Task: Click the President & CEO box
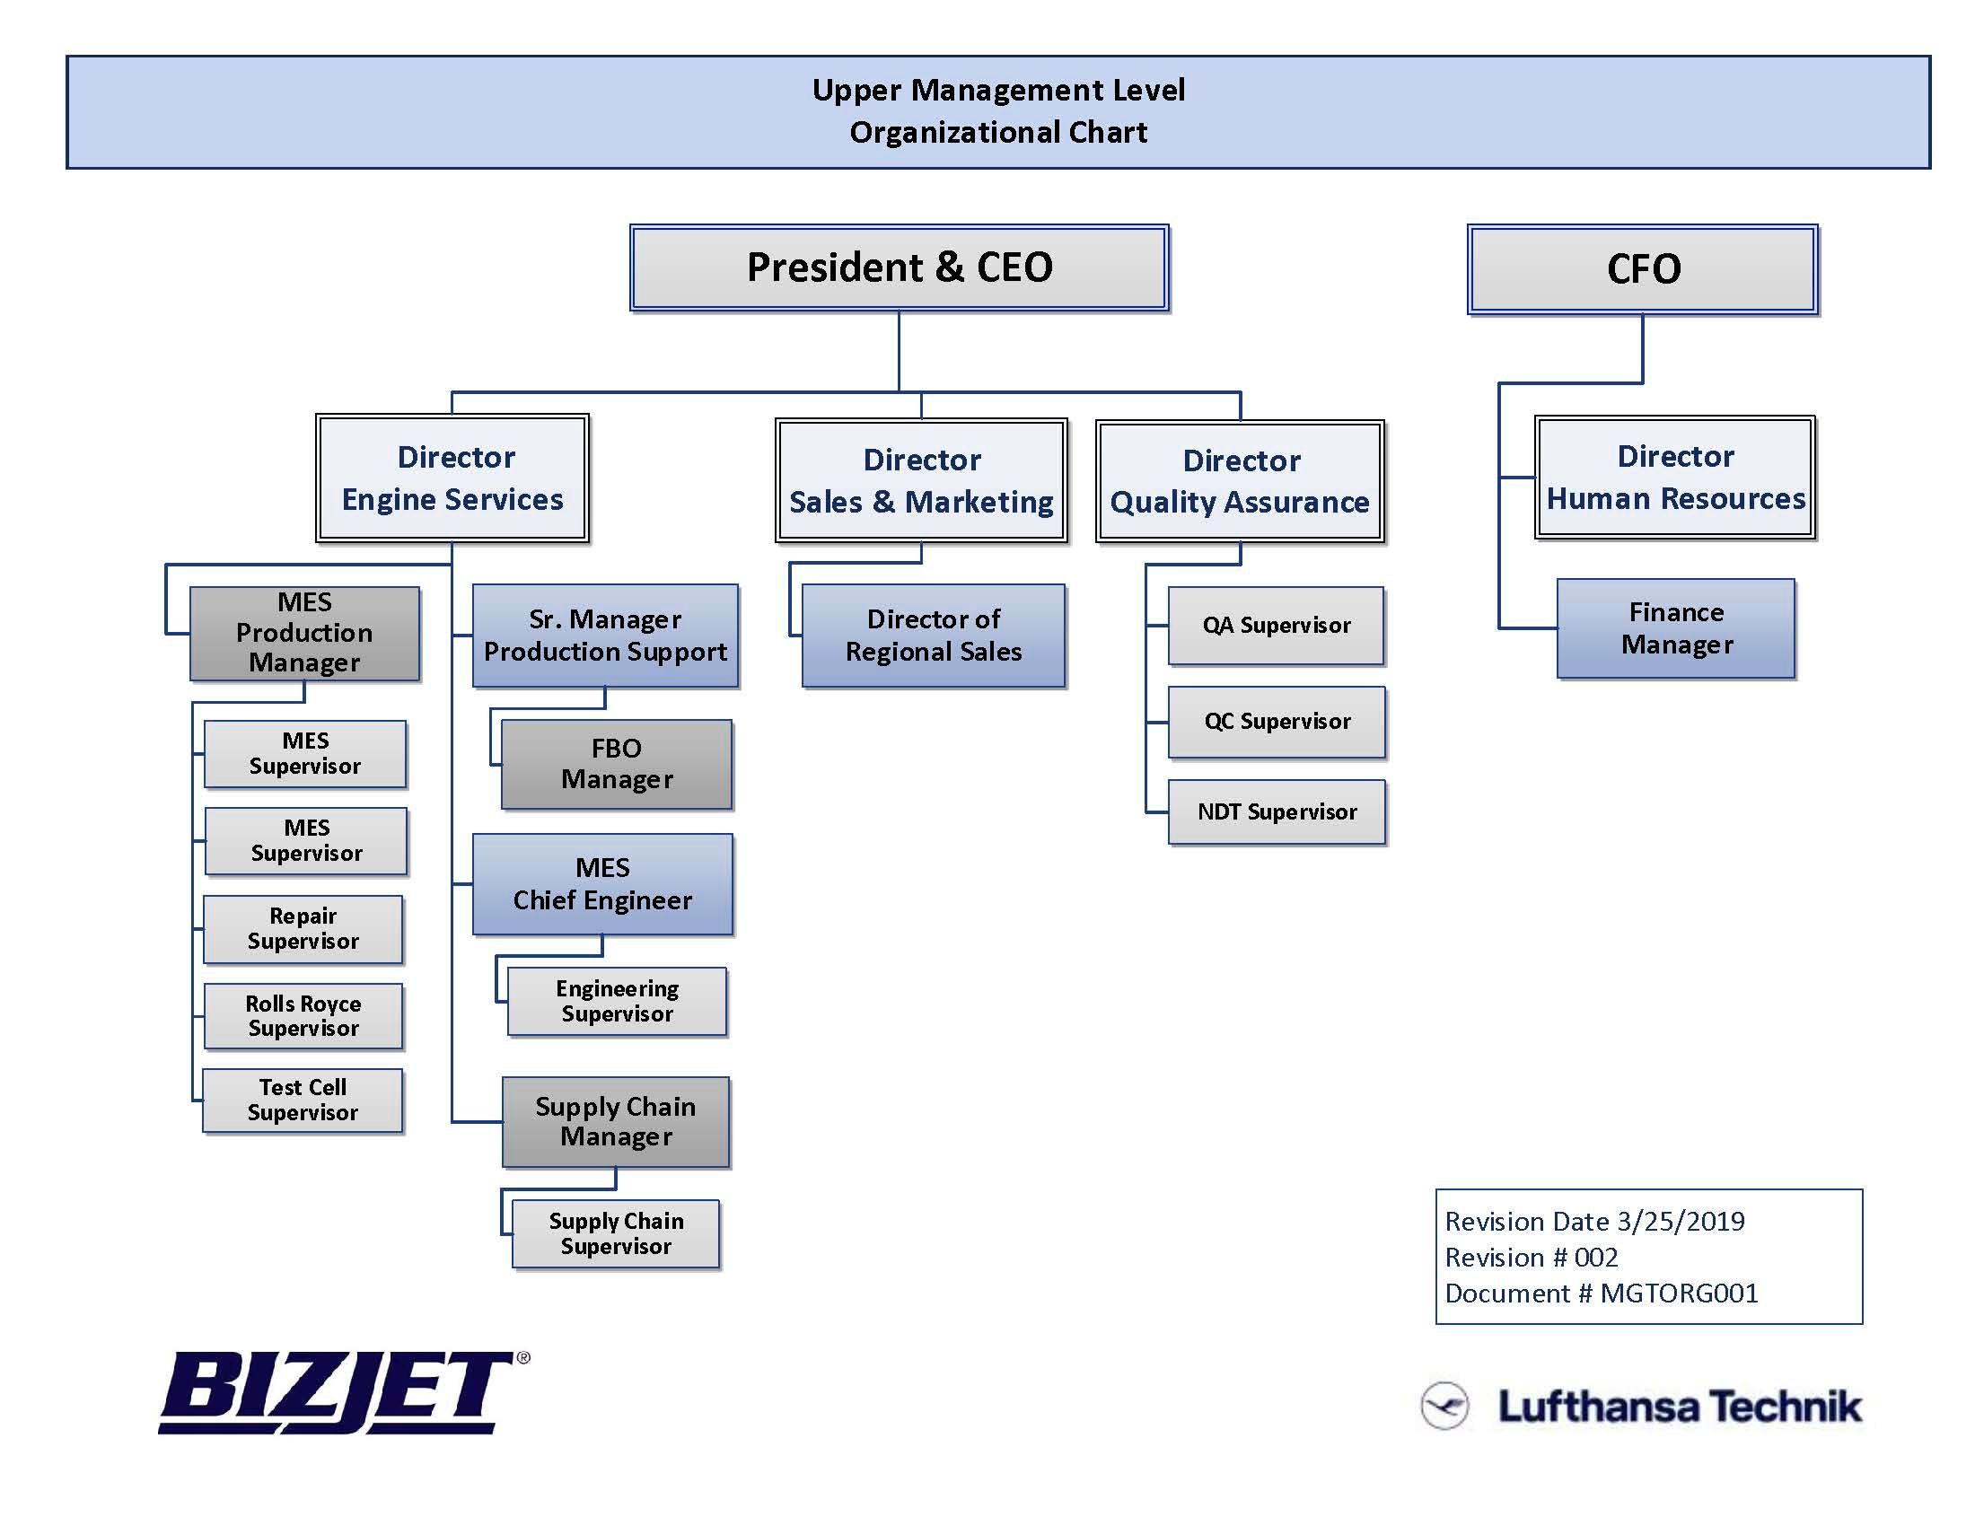point(899,267)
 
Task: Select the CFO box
point(1642,269)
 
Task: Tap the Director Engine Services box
point(452,478)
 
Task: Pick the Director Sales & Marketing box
point(920,480)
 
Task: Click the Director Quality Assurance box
point(1240,481)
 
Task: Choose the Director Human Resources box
point(1675,478)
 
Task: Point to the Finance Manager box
point(1676,628)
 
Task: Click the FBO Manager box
point(617,764)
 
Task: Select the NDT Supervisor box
point(1276,811)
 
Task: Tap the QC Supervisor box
point(1276,722)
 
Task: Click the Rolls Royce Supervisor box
point(303,1016)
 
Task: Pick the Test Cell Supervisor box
point(302,1101)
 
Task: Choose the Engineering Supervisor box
point(617,1002)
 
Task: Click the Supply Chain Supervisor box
point(616,1234)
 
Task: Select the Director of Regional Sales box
point(934,636)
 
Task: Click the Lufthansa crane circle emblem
point(1444,1406)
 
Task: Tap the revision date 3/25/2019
point(1681,1222)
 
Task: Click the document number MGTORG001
point(1679,1294)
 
